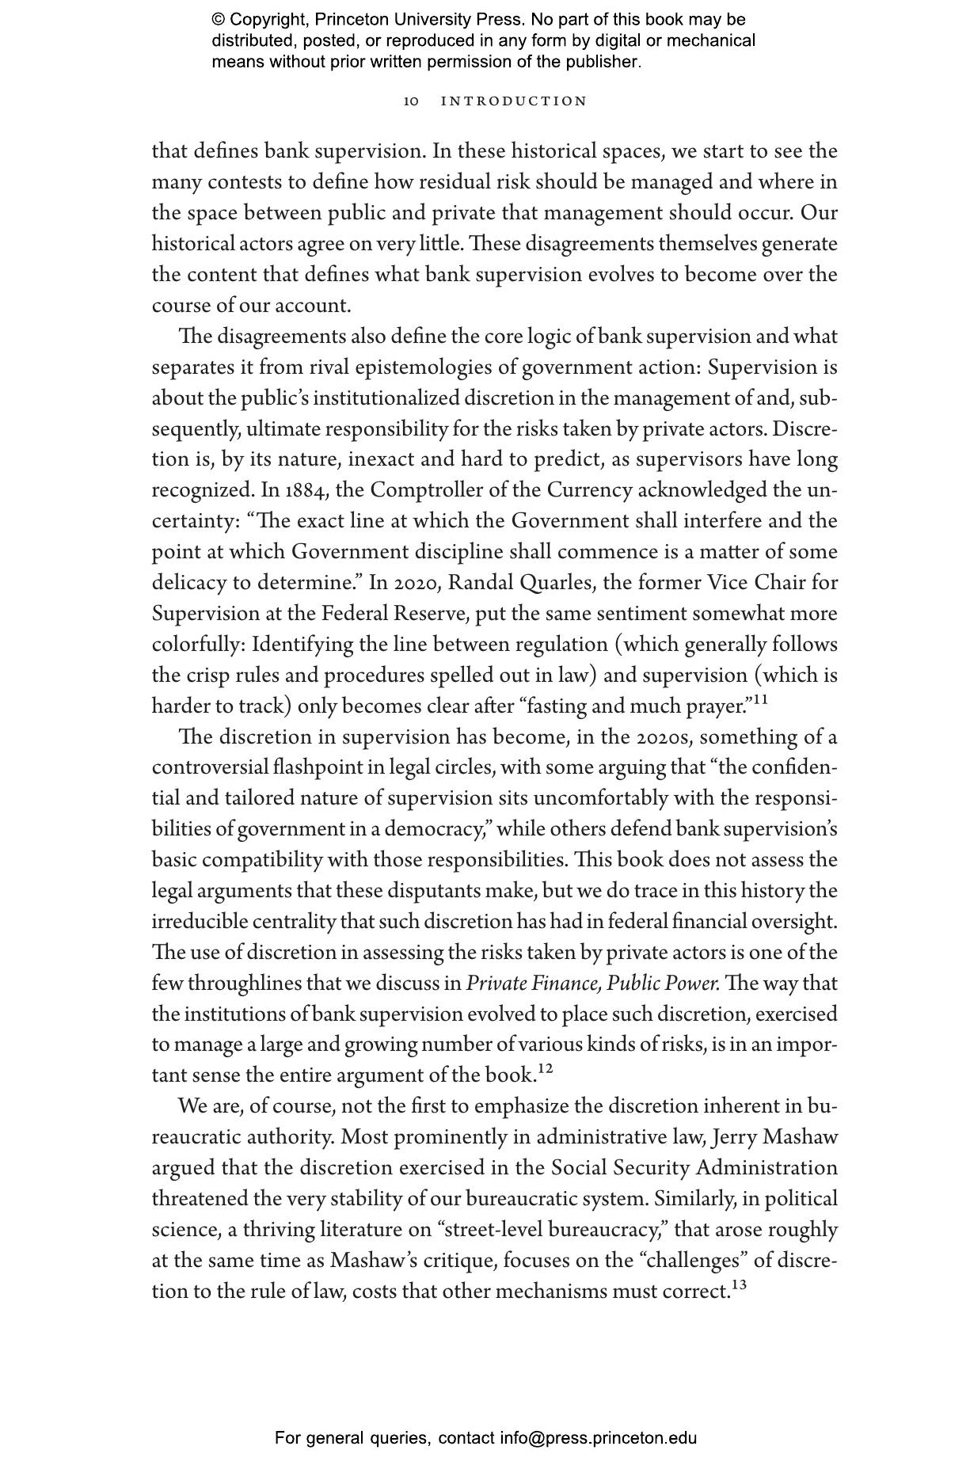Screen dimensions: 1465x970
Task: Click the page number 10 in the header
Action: (x=411, y=101)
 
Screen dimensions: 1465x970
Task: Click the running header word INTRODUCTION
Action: (x=514, y=101)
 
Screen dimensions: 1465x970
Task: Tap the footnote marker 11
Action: (x=760, y=699)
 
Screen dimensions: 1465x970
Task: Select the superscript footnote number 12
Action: (x=545, y=1069)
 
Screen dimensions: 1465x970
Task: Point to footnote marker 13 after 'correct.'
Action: (x=739, y=1285)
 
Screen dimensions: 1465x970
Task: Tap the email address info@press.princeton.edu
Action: (x=598, y=1437)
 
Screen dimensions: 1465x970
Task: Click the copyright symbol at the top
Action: (x=219, y=20)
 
